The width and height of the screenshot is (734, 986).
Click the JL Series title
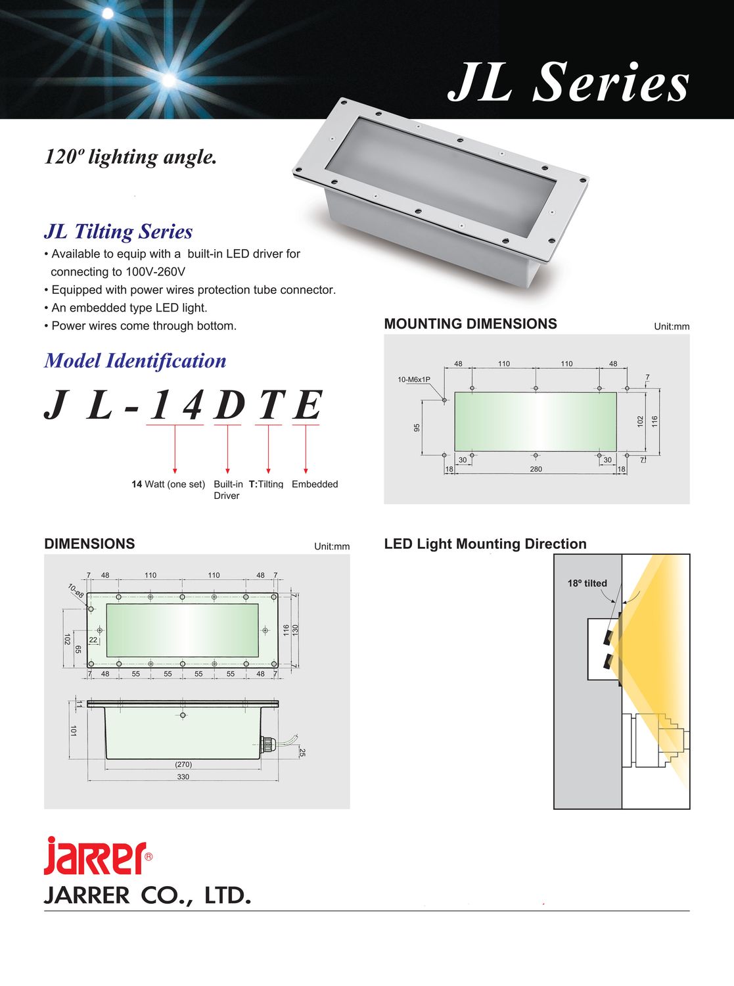pos(568,82)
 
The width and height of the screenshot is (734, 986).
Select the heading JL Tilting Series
pos(118,231)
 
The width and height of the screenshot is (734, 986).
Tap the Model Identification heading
pos(135,361)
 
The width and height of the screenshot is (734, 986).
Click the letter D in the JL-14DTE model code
pos(228,405)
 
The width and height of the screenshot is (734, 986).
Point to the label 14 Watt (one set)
pos(168,484)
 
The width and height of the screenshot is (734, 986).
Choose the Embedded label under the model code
pos(315,484)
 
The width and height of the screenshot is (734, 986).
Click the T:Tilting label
pos(266,484)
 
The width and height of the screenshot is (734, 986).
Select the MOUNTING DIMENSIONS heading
pos(470,324)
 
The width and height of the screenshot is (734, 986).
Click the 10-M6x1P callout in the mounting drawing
pos(414,380)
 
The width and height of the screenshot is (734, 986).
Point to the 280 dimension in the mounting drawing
pos(536,469)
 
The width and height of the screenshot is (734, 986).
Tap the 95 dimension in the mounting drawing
pos(417,428)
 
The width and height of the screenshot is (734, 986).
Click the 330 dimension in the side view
pos(183,777)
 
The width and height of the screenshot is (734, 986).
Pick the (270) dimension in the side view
pos(183,764)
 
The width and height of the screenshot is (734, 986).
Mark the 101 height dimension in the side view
pos(74,730)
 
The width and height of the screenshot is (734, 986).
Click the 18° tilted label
pos(587,584)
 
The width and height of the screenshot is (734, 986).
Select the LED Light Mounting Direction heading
pos(485,544)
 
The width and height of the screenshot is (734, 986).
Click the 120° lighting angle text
pos(131,157)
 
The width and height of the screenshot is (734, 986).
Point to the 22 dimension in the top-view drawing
pos(93,640)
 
